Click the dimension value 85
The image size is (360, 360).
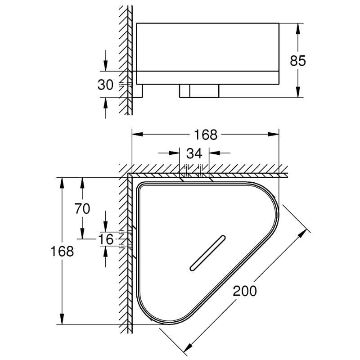click(298, 61)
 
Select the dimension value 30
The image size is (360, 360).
click(105, 85)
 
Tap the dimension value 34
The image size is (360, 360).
click(194, 153)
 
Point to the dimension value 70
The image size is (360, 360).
click(82, 209)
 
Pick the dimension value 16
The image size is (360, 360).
click(106, 239)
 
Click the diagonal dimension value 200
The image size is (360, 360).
click(245, 291)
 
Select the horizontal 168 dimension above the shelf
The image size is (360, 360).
click(206, 135)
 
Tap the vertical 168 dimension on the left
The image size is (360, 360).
click(62, 251)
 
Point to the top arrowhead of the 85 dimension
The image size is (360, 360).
click(298, 28)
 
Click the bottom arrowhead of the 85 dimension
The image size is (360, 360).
click(298, 92)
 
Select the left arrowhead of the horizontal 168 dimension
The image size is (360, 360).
click(137, 134)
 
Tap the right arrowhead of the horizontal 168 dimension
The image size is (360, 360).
click(274, 134)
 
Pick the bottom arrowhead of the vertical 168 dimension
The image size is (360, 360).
click(62, 319)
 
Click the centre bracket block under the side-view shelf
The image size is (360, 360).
click(199, 91)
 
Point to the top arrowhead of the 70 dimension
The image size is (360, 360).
click(82, 183)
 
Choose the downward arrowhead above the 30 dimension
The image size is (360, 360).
click(105, 66)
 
